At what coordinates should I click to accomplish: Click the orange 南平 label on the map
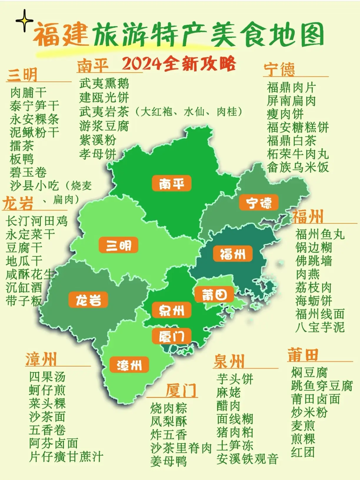(172, 183)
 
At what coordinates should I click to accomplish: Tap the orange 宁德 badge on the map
(259, 203)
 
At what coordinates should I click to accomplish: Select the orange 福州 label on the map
(233, 254)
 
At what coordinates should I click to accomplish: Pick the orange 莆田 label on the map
(214, 294)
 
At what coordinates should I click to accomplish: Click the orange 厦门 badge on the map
(172, 336)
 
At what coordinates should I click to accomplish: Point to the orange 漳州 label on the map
(129, 365)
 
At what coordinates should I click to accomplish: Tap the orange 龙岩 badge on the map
(88, 300)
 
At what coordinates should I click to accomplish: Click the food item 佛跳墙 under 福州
(314, 261)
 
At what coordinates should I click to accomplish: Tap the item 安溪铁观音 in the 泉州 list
(247, 459)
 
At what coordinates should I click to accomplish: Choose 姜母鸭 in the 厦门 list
(169, 461)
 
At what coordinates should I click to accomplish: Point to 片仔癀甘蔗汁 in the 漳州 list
(66, 457)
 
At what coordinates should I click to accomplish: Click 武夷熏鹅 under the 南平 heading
(104, 83)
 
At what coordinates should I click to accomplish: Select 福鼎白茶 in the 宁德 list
(291, 141)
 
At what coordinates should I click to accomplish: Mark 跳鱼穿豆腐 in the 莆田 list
(322, 386)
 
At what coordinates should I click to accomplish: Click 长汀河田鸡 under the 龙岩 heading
(37, 221)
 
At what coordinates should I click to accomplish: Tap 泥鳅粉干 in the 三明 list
(34, 132)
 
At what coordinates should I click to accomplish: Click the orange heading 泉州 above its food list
(229, 361)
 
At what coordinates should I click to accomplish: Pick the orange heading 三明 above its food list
(22, 75)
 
